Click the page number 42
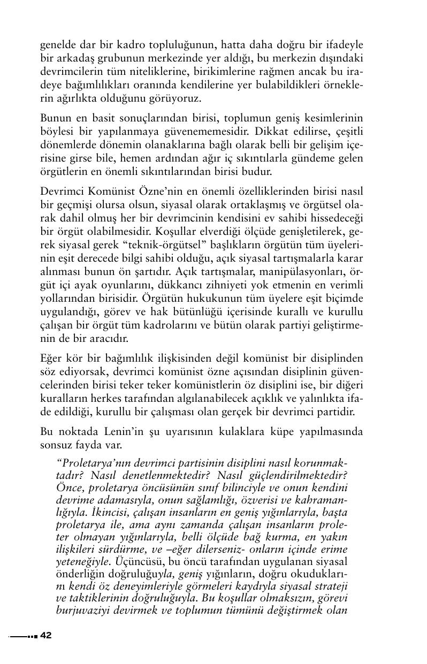(x=45, y=635)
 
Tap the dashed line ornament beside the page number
(x=23, y=636)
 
